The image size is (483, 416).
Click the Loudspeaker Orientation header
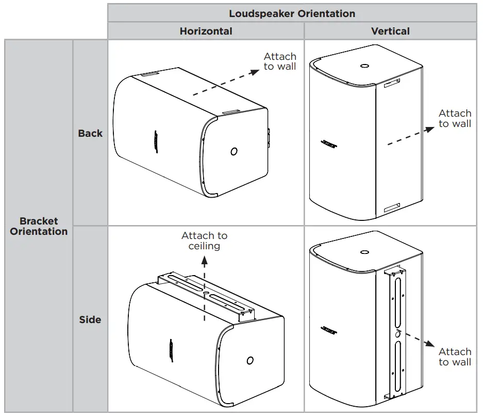[x=292, y=13]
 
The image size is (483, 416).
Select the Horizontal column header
[x=206, y=31]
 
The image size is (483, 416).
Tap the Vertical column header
[x=390, y=31]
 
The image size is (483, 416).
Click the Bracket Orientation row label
[x=39, y=226]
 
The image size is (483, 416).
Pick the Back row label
[x=90, y=133]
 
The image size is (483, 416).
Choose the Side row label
[x=90, y=319]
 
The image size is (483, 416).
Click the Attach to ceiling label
[x=204, y=241]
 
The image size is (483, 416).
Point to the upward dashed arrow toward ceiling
[x=204, y=279]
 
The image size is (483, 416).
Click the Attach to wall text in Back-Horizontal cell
[x=280, y=61]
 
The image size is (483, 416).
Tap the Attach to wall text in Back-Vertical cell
[x=455, y=118]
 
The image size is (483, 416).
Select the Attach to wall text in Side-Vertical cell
[x=455, y=357]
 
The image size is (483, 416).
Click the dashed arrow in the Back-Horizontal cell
[x=226, y=83]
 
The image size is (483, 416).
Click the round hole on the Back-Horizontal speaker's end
[x=234, y=151]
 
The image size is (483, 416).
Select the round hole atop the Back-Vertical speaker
[x=365, y=66]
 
